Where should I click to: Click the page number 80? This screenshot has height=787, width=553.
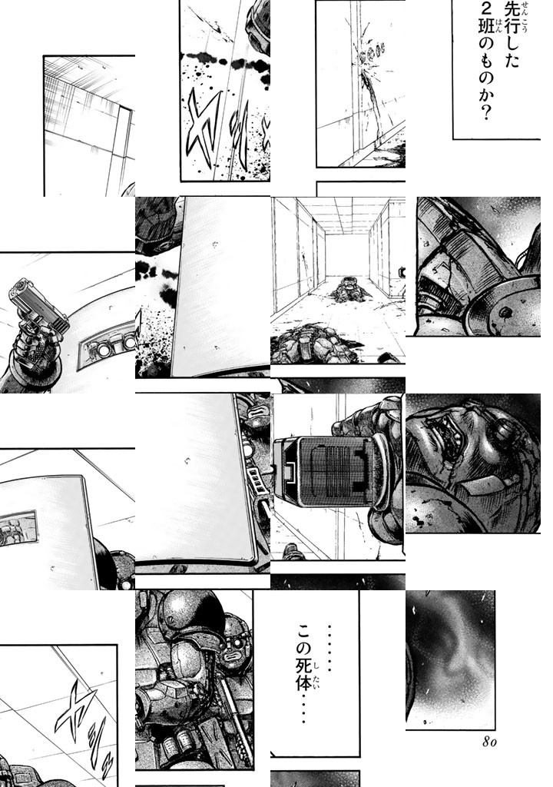[488, 742]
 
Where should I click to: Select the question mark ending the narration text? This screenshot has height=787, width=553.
[484, 115]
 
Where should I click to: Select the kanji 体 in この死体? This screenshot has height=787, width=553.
[303, 682]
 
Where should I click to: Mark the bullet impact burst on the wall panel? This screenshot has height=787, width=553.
[369, 58]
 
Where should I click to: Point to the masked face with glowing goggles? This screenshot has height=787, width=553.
[234, 652]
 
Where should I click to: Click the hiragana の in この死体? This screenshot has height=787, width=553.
[303, 649]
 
